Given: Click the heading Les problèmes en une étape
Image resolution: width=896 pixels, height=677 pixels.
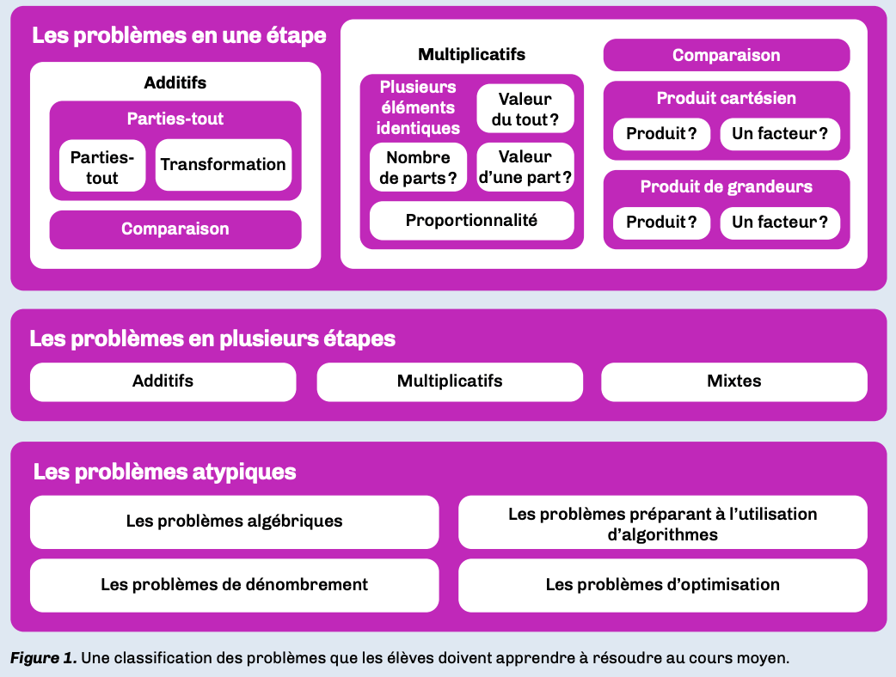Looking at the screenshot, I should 179,36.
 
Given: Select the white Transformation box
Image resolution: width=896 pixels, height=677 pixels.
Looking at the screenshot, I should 223,164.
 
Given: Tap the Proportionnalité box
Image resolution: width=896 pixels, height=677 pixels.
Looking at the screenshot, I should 471,221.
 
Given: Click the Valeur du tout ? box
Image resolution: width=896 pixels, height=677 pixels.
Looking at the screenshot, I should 525,109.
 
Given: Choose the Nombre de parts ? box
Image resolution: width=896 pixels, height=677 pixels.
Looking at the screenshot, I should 418,168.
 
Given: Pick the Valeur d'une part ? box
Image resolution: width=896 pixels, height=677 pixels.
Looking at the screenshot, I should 525,168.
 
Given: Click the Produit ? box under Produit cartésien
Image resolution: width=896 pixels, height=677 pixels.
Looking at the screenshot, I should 661,134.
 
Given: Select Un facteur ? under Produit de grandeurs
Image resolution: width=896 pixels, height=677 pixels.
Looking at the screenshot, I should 780,223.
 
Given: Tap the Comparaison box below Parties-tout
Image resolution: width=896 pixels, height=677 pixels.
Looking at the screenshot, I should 175,229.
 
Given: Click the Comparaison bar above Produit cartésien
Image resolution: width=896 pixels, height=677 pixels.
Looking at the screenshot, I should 726,56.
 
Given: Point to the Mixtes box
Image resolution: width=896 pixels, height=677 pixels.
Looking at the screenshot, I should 733,381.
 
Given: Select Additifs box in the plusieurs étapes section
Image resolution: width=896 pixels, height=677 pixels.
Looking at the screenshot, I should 163,381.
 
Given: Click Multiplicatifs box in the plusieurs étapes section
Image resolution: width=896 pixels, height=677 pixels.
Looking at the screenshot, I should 449,381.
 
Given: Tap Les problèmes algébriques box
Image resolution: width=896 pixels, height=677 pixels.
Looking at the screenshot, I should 234,521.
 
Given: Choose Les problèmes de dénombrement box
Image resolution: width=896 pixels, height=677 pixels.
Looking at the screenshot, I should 234,585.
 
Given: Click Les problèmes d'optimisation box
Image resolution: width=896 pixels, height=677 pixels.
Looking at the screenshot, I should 662,585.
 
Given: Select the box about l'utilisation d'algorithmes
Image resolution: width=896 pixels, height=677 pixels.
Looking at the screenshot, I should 662,523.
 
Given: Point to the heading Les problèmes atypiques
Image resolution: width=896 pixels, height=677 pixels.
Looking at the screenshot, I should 164,472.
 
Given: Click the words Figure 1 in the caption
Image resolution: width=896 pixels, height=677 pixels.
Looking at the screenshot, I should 43,658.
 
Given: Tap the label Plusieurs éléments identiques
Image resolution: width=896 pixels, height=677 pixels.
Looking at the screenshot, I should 418,107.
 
